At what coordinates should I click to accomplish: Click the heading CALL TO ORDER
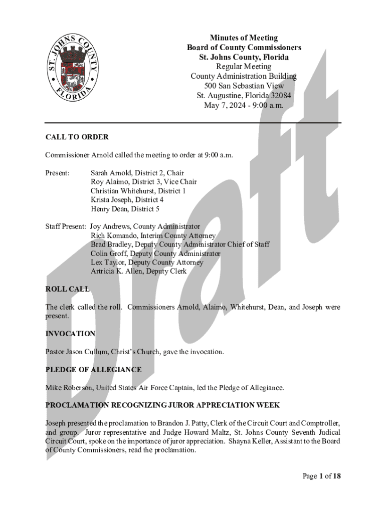(x=77, y=137)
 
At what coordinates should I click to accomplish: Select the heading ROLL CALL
(x=67, y=289)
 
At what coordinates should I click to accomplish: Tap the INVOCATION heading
(x=70, y=334)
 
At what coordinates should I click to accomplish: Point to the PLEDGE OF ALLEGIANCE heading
(x=93, y=370)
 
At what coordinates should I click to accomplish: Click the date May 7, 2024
(x=225, y=105)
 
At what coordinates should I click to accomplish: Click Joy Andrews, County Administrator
(x=144, y=226)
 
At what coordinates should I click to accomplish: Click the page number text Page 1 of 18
(x=321, y=476)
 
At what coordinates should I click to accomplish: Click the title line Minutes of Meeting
(x=244, y=38)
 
